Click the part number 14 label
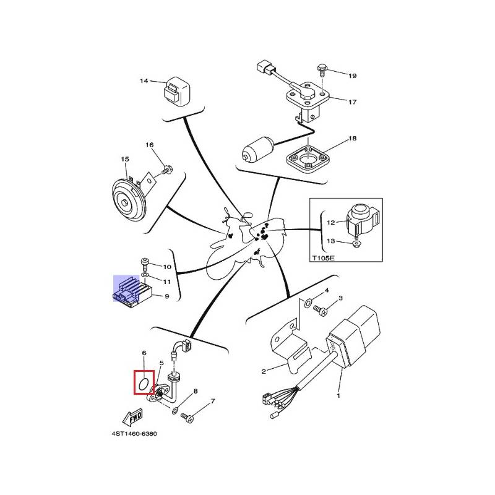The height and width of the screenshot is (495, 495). (x=144, y=81)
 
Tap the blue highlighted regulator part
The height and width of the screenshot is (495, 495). (x=131, y=291)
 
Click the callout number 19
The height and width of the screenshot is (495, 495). (x=352, y=76)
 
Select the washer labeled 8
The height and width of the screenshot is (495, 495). (x=176, y=410)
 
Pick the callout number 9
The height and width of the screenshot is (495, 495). (x=166, y=296)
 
